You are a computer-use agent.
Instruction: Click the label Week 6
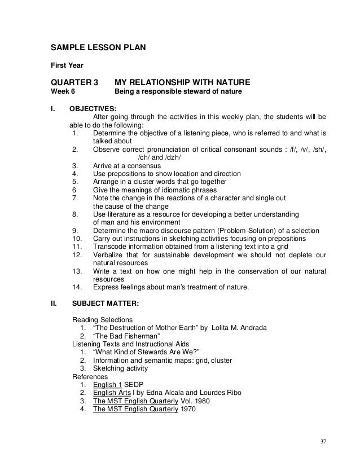click(x=63, y=91)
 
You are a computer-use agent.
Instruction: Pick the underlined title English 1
click(x=107, y=385)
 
